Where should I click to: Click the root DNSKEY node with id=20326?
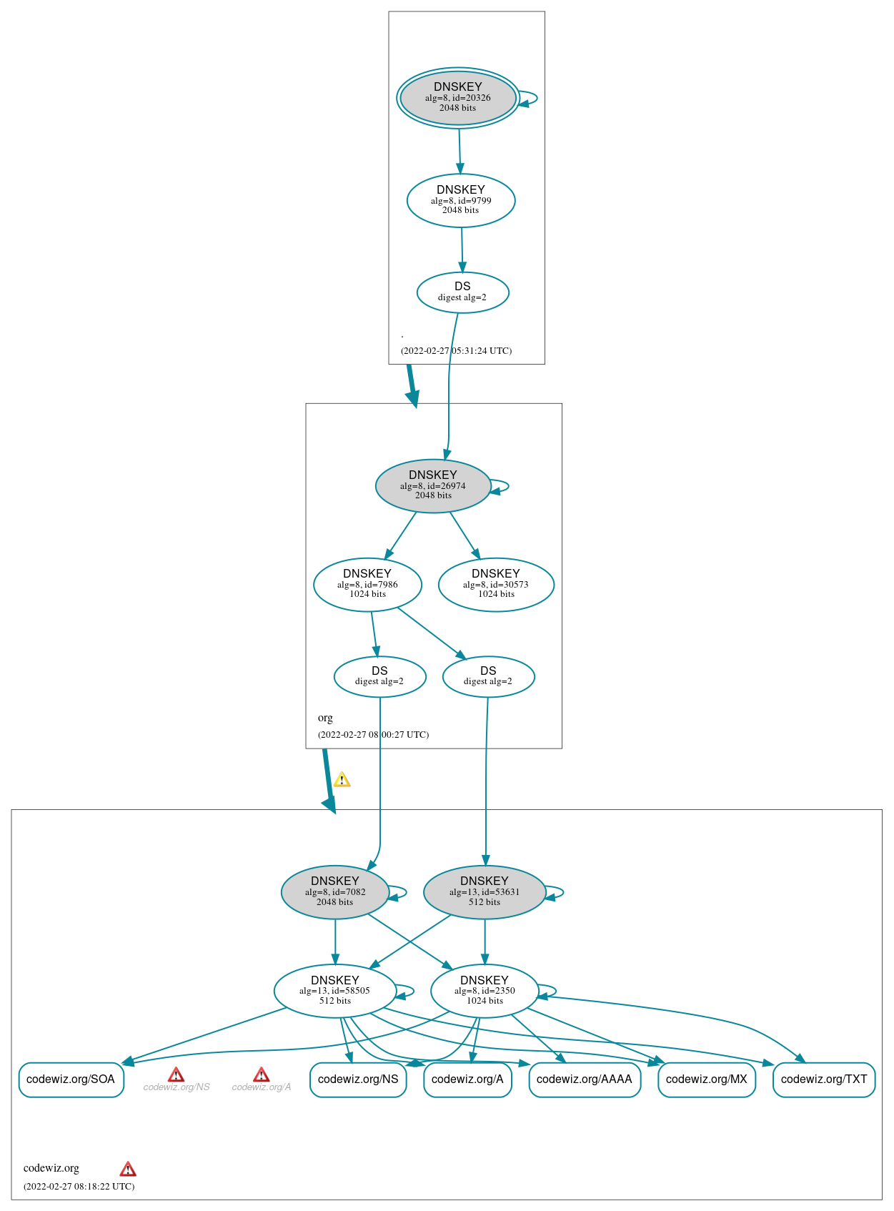point(458,98)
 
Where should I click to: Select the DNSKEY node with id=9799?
point(461,200)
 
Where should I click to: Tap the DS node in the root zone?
point(462,292)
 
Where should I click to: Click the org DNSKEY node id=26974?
point(433,485)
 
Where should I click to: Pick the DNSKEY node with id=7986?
point(367,584)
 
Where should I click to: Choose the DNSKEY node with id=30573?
point(496,584)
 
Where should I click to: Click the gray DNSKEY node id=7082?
point(335,891)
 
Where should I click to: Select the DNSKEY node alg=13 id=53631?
point(485,891)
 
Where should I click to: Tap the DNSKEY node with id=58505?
point(335,991)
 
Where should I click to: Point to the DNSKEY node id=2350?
point(485,991)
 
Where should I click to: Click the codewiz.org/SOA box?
point(71,1079)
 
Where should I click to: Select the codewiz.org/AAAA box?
point(584,1079)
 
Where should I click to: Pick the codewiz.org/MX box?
point(706,1079)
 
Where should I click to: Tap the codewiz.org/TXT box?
point(823,1079)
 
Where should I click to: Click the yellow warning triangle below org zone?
point(342,780)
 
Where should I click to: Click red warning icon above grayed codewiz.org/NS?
point(176,1074)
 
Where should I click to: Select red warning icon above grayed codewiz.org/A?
point(262,1074)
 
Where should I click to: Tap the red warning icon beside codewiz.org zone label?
point(128,1170)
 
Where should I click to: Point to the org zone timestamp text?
point(373,735)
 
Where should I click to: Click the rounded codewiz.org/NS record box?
point(358,1079)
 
